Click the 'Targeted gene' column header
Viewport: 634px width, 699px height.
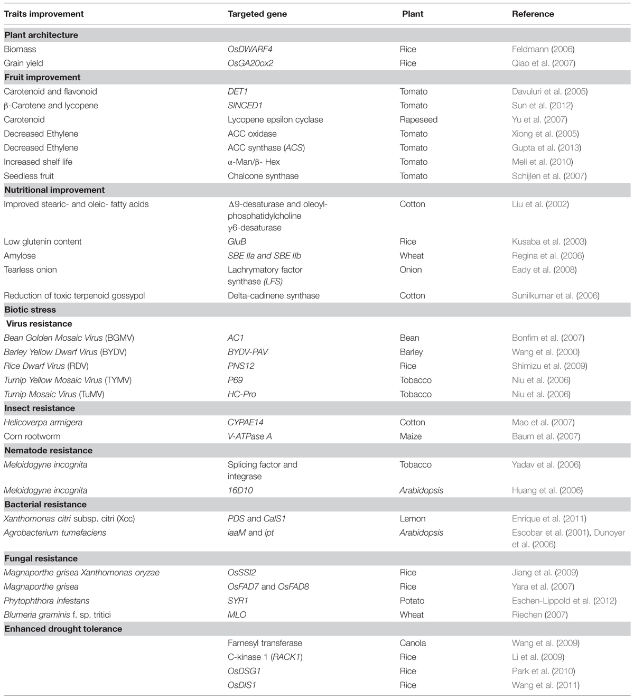[257, 14]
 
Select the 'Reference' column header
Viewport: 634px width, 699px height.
[533, 14]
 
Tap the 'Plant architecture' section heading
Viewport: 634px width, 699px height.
[41, 35]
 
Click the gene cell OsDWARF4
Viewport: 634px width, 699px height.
[250, 49]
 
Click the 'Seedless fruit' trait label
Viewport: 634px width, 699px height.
[29, 176]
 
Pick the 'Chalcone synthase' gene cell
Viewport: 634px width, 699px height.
[263, 176]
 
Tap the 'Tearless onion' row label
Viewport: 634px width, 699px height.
[30, 269]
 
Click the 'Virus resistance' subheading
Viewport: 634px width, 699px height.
[39, 323]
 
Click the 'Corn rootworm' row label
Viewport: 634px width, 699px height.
[32, 436]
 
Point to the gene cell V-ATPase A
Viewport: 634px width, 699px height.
[250, 436]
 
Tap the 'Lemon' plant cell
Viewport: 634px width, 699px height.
[413, 518]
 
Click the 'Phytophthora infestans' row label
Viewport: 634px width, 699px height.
[46, 601]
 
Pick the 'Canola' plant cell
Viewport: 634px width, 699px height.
[413, 643]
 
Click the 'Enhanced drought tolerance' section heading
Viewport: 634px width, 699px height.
[63, 629]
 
